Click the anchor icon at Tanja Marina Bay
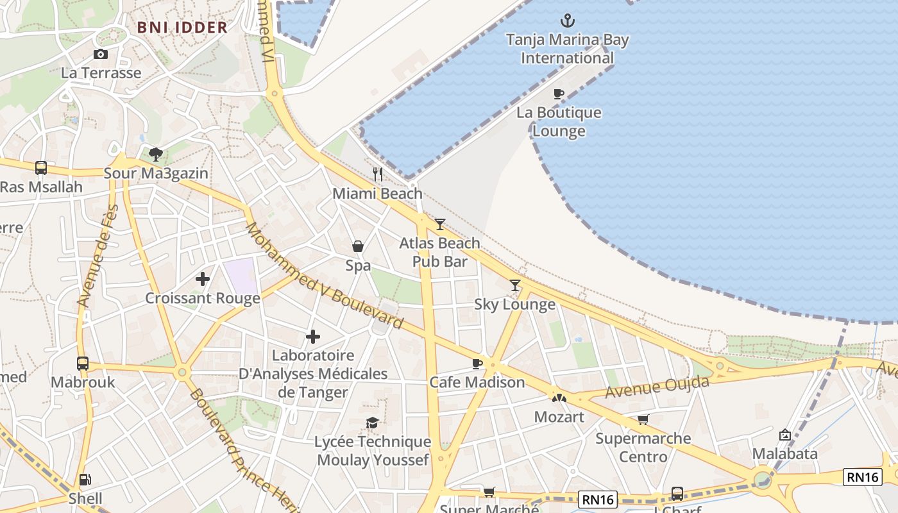click(x=568, y=21)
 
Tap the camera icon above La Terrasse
click(x=101, y=55)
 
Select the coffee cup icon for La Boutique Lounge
click(x=559, y=94)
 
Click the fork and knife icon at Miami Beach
click(x=378, y=174)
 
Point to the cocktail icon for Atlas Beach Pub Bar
click(x=439, y=224)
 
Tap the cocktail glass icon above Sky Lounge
click(x=514, y=285)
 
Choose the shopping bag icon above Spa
click(x=358, y=246)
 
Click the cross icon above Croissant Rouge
click(x=203, y=279)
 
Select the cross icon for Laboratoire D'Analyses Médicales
click(x=313, y=336)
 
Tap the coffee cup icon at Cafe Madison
click(x=477, y=364)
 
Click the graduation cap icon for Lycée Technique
click(x=372, y=423)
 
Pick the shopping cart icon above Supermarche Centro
click(x=643, y=420)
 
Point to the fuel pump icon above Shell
click(x=84, y=480)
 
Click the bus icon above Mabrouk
click(x=83, y=364)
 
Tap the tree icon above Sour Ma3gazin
click(x=155, y=154)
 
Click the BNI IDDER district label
click(x=182, y=28)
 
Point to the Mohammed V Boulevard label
click(x=324, y=276)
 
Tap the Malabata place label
click(x=784, y=454)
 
